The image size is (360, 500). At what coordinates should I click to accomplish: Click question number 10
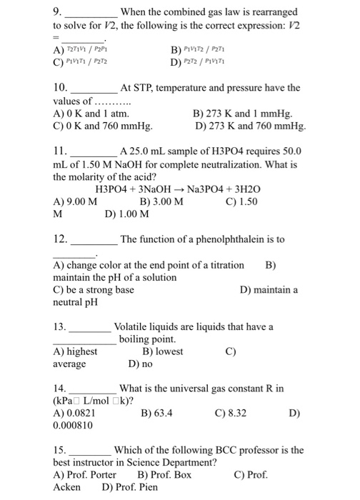(60, 89)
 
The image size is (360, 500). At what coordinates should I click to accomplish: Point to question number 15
(60, 451)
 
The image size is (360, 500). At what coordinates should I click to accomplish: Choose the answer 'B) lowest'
(163, 351)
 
